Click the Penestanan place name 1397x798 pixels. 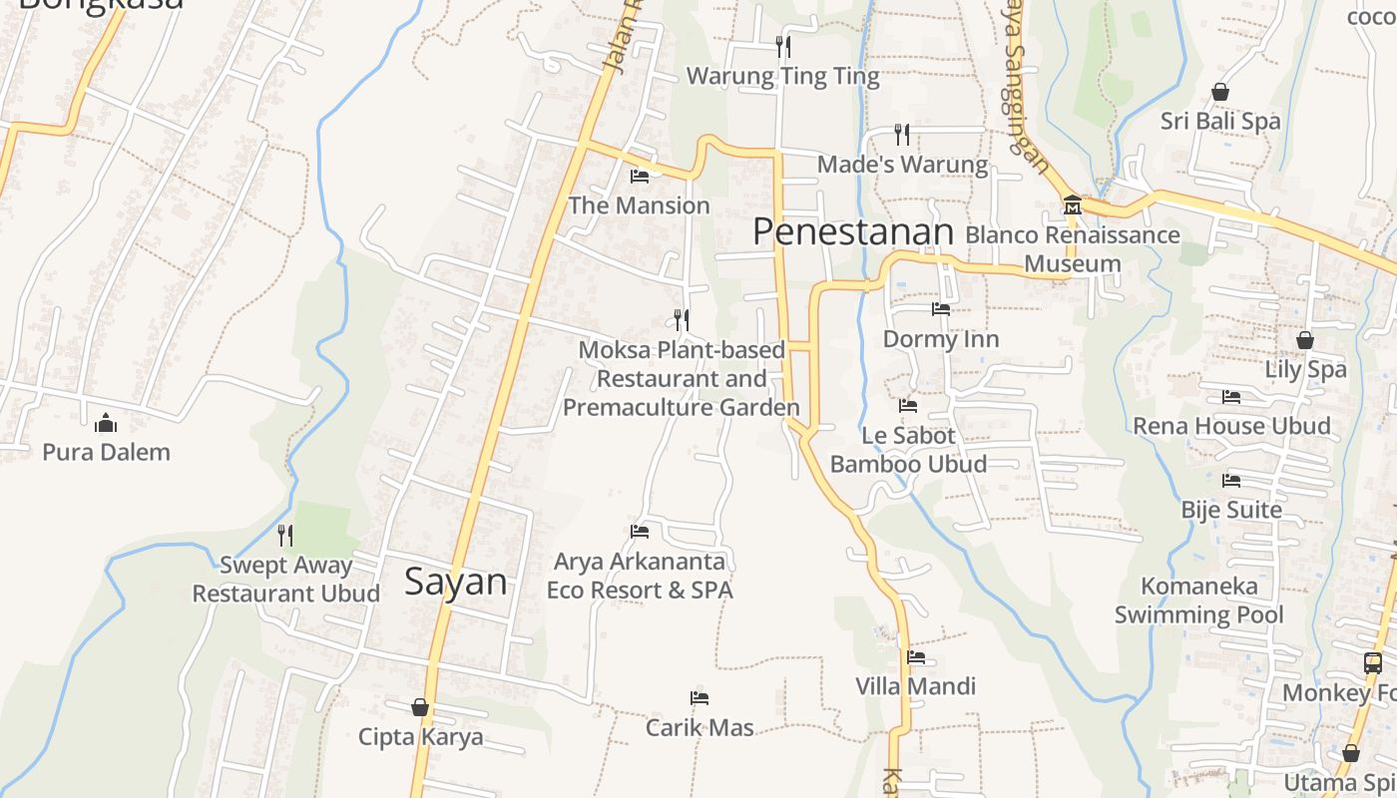(852, 231)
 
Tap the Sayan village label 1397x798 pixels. (455, 582)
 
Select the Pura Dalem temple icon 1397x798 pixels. (106, 423)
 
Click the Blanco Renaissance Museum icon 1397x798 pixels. (1072, 205)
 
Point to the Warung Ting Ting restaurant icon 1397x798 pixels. (783, 46)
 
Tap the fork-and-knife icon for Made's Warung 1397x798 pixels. (902, 134)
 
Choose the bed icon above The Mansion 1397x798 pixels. (640, 177)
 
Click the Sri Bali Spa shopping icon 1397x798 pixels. (1219, 92)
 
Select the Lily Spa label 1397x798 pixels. (1305, 369)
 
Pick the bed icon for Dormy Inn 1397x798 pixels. (941, 309)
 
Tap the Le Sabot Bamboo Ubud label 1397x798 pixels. (908, 450)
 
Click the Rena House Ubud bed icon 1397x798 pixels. (1231, 397)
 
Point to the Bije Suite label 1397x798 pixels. (1231, 510)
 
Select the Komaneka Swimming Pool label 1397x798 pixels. (1198, 599)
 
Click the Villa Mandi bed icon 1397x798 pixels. (916, 657)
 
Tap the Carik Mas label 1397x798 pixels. (699, 727)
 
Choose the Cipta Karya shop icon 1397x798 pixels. (420, 707)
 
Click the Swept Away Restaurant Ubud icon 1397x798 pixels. (285, 536)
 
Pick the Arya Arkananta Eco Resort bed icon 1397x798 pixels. (640, 532)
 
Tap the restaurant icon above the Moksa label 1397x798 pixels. (682, 320)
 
